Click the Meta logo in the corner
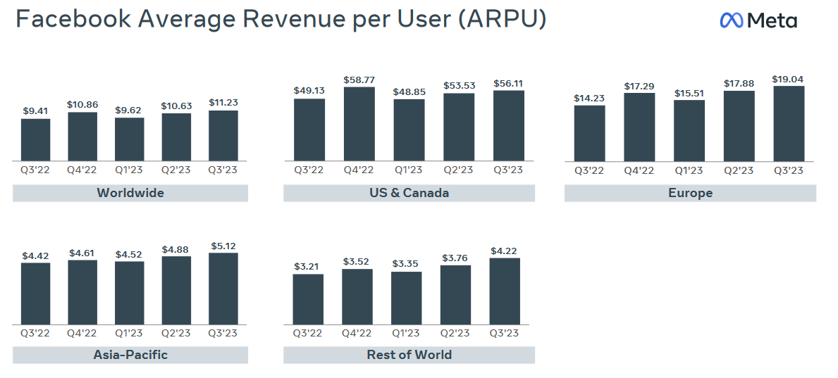coord(758,20)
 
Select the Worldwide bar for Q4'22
coord(82,137)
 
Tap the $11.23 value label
coord(223,102)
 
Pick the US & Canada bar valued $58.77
coord(359,125)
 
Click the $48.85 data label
coord(409,92)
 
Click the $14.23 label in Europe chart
coord(589,98)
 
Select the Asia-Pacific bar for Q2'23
coord(176,290)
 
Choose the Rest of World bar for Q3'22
coord(309,299)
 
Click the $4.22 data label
coord(505,251)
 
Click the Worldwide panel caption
coord(130,193)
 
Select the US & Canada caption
coord(409,193)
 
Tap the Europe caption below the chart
coord(690,193)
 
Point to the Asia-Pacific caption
coord(130,355)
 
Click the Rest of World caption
coord(409,355)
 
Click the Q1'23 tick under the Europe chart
coord(689,171)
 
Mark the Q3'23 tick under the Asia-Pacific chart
coord(223,333)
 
